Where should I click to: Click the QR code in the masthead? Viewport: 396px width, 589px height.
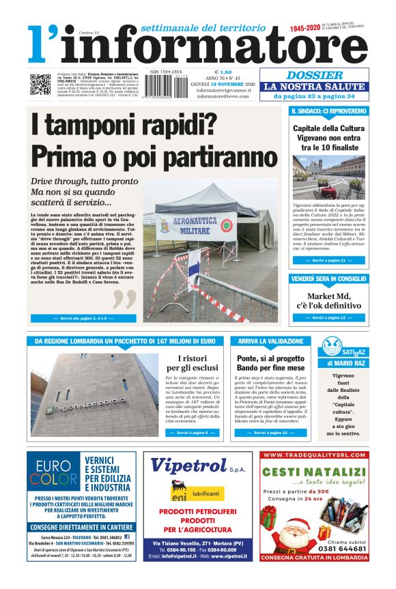coord(40,84)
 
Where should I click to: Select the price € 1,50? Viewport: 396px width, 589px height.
coord(223,72)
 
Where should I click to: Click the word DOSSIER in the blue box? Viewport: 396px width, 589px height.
coord(315,76)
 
